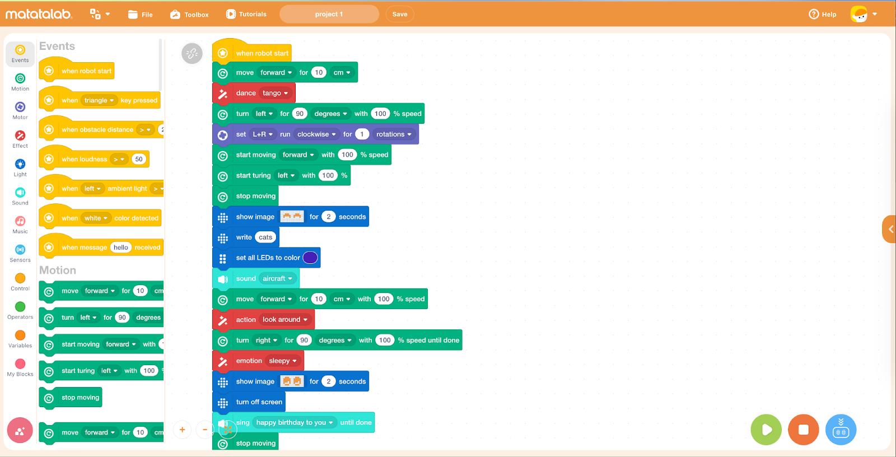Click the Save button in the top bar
click(400, 14)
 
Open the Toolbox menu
click(189, 15)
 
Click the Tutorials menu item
click(246, 14)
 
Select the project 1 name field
click(329, 14)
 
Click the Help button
click(822, 14)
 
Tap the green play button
click(766, 430)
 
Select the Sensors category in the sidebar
click(20, 253)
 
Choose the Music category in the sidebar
click(20, 224)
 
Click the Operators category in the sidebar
click(20, 310)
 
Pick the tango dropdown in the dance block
click(275, 94)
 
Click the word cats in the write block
click(265, 237)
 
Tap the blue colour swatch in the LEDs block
click(310, 258)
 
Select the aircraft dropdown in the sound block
click(277, 278)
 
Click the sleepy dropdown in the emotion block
click(282, 361)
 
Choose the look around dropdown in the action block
click(285, 320)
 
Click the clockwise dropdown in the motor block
click(316, 134)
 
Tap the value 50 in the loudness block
click(139, 159)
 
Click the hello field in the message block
click(121, 248)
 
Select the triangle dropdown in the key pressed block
click(99, 100)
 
